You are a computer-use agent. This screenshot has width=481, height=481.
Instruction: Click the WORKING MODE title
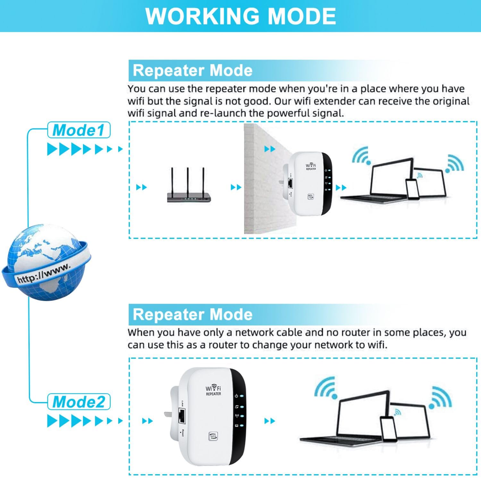pyautogui.click(x=240, y=16)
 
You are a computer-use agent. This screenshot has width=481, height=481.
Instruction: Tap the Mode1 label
pyautogui.click(x=79, y=130)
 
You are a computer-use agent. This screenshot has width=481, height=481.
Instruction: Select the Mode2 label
pyautogui.click(x=79, y=402)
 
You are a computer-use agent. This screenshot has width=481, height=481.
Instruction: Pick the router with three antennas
pyautogui.click(x=189, y=189)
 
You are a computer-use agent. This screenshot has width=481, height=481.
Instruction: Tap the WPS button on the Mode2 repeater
pyautogui.click(x=213, y=436)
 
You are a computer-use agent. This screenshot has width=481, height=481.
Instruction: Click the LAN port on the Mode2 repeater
pyautogui.click(x=182, y=416)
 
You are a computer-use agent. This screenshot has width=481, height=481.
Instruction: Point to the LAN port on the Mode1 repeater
pyautogui.click(x=291, y=183)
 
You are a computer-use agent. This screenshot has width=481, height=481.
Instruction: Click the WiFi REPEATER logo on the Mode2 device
pyautogui.click(x=213, y=390)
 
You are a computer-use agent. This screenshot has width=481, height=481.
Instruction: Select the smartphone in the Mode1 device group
pyautogui.click(x=412, y=189)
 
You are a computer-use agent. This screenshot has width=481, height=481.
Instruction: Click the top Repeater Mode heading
pyautogui.click(x=192, y=71)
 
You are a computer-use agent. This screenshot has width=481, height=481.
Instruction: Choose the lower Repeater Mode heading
pyautogui.click(x=192, y=314)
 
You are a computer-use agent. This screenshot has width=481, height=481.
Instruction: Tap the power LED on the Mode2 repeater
pyautogui.click(x=241, y=396)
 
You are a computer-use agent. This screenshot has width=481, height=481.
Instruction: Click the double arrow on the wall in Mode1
pyautogui.click(x=270, y=149)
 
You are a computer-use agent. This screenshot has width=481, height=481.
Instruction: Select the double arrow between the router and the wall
pyautogui.click(x=236, y=187)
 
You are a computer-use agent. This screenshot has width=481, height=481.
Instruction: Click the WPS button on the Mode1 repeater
pyautogui.click(x=310, y=197)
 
